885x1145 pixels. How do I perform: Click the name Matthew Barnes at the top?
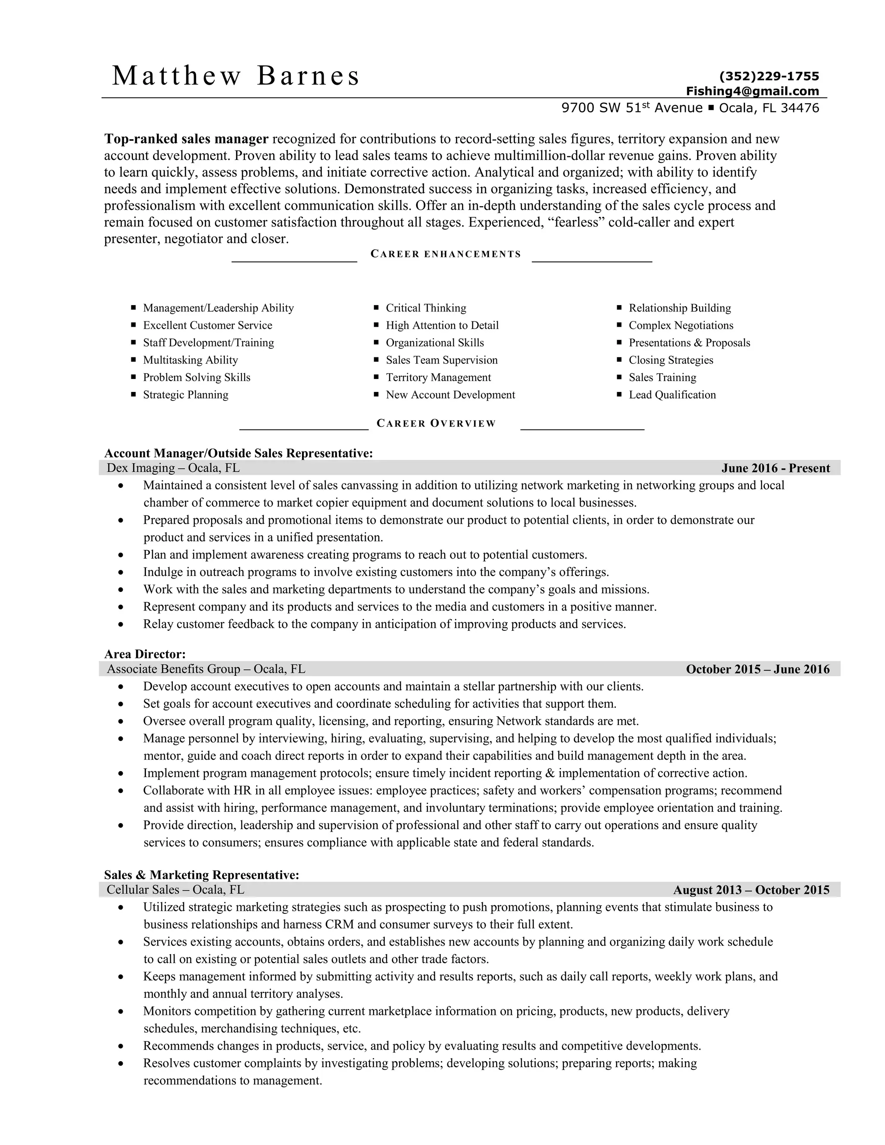tap(236, 76)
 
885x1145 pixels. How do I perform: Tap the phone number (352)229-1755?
tap(769, 76)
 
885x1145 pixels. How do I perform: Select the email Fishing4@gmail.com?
tap(752, 91)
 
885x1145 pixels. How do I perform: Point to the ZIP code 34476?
tap(799, 108)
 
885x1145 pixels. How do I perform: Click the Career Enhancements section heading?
tap(446, 254)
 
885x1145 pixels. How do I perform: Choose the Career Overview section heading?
tap(436, 423)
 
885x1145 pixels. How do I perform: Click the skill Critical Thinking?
tap(426, 308)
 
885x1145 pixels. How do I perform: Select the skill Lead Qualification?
tap(672, 395)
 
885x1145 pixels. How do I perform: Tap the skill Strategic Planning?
tap(185, 395)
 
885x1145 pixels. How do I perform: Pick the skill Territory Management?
tap(438, 378)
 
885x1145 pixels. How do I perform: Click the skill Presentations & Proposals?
tap(689, 343)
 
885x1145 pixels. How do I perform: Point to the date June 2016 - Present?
tap(775, 468)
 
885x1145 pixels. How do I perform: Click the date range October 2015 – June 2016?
tap(758, 669)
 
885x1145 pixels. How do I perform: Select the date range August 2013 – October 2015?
tap(751, 890)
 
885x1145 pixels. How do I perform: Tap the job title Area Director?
tap(145, 654)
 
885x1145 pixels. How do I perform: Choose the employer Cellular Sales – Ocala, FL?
tap(175, 890)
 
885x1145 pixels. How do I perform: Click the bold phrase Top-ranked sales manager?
tap(186, 139)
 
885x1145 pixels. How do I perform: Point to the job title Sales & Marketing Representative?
tap(201, 875)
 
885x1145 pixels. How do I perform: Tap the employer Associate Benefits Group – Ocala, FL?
tap(206, 669)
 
